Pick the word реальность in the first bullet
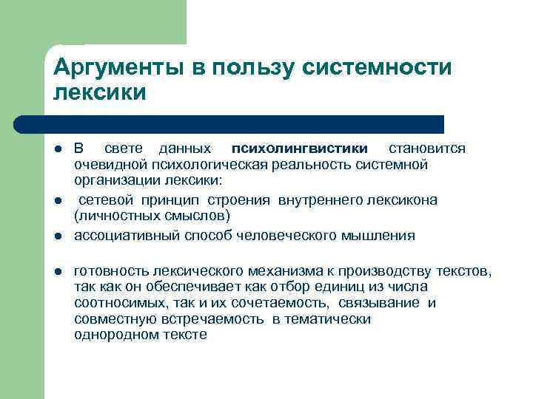(306, 164)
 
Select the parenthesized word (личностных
(118, 216)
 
